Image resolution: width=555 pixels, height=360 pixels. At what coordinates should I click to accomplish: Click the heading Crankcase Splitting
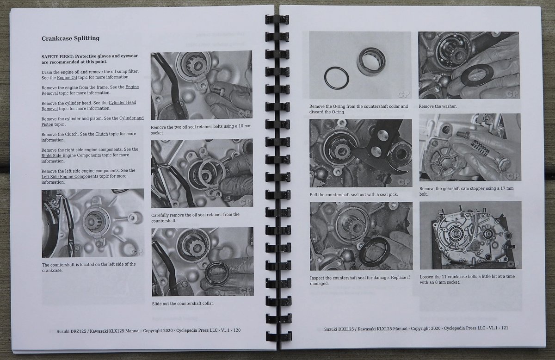coord(71,38)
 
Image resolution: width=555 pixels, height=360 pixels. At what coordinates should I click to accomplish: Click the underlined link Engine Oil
coord(67,78)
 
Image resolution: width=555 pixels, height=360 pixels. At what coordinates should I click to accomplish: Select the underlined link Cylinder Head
coord(123,102)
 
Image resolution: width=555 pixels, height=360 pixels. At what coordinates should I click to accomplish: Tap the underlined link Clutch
coord(102,134)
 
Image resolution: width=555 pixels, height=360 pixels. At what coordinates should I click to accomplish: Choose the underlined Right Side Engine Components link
coord(71,155)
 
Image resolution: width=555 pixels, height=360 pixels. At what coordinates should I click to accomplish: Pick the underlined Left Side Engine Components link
coord(70,176)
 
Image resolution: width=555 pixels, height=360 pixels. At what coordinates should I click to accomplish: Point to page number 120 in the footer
coord(237,330)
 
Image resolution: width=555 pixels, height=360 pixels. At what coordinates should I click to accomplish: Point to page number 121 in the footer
coord(505,328)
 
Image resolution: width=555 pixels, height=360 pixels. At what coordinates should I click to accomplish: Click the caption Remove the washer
coord(438,106)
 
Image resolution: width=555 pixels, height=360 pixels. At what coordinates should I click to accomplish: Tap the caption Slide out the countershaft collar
coord(183,304)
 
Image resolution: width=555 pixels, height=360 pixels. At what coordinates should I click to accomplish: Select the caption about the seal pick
coord(354,195)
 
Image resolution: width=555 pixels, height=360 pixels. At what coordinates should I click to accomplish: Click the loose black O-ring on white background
coord(337,78)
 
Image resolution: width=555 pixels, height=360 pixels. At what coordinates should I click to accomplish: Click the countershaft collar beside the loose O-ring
coord(371,62)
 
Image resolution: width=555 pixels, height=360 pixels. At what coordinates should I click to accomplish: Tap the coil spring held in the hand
coord(481,148)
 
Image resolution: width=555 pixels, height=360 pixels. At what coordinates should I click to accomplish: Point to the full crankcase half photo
coord(470,235)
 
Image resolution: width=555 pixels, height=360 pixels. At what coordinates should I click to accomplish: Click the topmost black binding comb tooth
coord(277,19)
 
